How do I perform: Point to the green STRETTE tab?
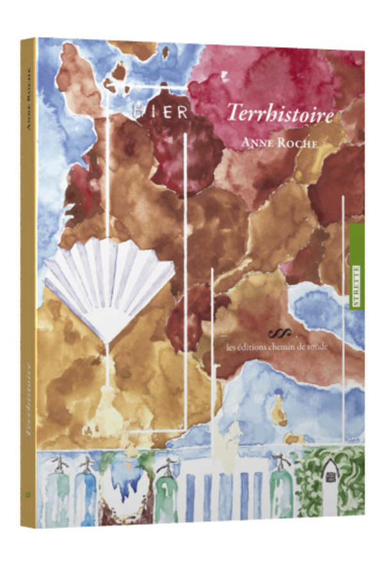pyautogui.click(x=356, y=269)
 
